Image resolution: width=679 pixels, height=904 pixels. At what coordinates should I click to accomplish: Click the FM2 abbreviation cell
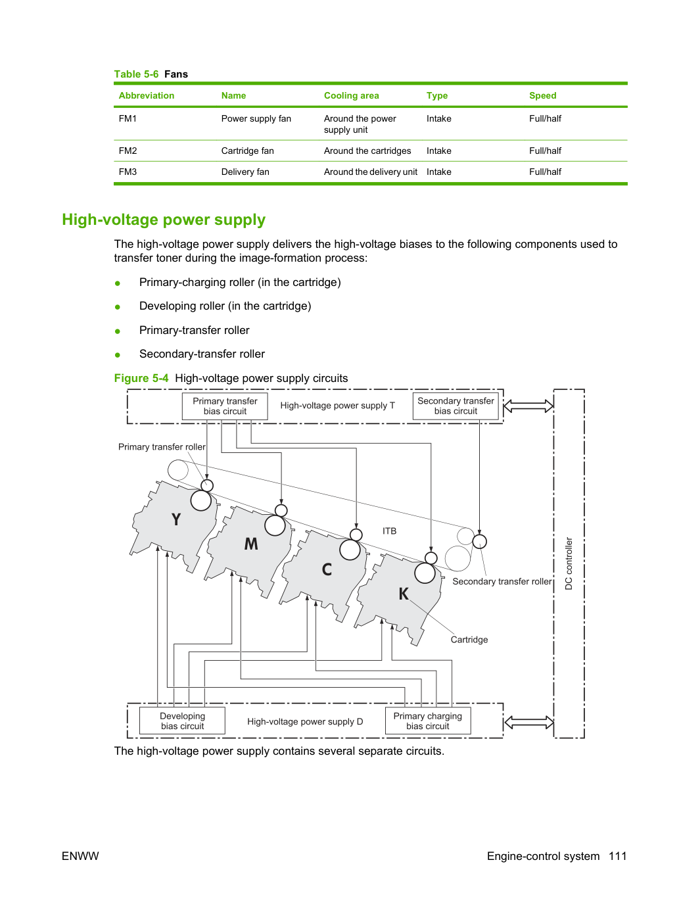coord(128,151)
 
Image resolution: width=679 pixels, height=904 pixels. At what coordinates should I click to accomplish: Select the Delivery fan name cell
coord(245,172)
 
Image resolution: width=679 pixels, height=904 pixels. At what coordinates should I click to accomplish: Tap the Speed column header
coord(542,95)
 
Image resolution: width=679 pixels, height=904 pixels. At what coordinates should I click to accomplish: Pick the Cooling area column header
coord(351,95)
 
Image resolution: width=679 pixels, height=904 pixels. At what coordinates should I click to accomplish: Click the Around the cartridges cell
coord(367,151)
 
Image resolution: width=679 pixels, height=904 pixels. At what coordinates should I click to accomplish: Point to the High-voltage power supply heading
coord(164,220)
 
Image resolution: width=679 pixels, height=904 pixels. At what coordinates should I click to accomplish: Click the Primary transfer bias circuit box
coord(225,406)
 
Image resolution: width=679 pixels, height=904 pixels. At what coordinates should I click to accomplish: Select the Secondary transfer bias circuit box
coord(456,406)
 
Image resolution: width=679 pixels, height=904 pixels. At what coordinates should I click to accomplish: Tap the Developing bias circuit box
coord(182,721)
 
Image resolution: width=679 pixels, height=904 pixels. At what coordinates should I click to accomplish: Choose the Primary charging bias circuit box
coord(428,721)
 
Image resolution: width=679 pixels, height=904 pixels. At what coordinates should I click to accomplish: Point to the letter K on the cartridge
coord(404,594)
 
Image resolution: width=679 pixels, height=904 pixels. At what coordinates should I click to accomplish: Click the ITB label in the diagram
coord(389,531)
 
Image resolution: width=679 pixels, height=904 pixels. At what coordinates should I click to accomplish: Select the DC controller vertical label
coord(569,563)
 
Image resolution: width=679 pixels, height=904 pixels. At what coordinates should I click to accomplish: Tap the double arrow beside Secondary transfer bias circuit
coord(528,406)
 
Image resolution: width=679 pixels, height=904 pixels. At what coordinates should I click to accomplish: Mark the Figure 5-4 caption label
coord(141,378)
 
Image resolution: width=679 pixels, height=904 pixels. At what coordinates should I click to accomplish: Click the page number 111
coord(618,856)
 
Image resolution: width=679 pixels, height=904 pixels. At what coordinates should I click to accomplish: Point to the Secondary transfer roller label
coord(502,581)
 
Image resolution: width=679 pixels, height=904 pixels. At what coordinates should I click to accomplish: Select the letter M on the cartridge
coord(251,544)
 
